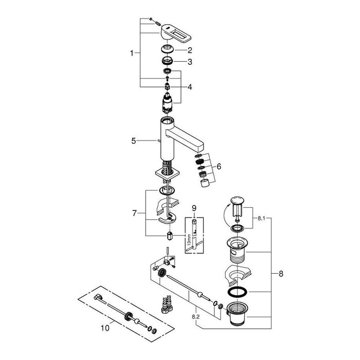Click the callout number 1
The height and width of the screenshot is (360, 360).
tap(132, 53)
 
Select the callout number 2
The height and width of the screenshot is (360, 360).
tap(190, 50)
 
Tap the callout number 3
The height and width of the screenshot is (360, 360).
tap(190, 62)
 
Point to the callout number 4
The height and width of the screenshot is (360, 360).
tap(190, 87)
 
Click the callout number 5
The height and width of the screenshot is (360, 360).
tap(134, 141)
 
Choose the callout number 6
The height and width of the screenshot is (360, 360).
tap(219, 166)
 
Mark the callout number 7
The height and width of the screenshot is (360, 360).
tap(134, 213)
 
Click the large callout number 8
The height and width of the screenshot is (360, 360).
tap(281, 274)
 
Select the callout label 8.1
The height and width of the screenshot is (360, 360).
tap(261, 219)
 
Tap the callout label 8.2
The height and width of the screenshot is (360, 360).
tap(196, 317)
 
